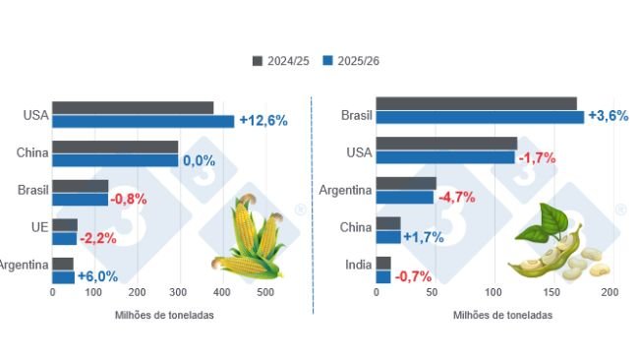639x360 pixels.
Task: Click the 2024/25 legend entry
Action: pos(282,61)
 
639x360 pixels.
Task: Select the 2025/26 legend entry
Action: pos(351,61)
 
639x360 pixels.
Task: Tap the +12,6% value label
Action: pos(262,121)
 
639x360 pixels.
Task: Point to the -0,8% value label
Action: pos(129,199)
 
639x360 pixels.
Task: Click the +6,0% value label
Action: pos(98,277)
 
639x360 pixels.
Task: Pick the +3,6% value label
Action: pos(607,116)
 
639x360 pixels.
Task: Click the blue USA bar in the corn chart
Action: pos(143,121)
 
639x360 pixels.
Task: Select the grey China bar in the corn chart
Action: pos(114,147)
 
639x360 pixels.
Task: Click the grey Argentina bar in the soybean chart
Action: pos(406,183)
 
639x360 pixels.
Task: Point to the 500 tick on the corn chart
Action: pos(264,293)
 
